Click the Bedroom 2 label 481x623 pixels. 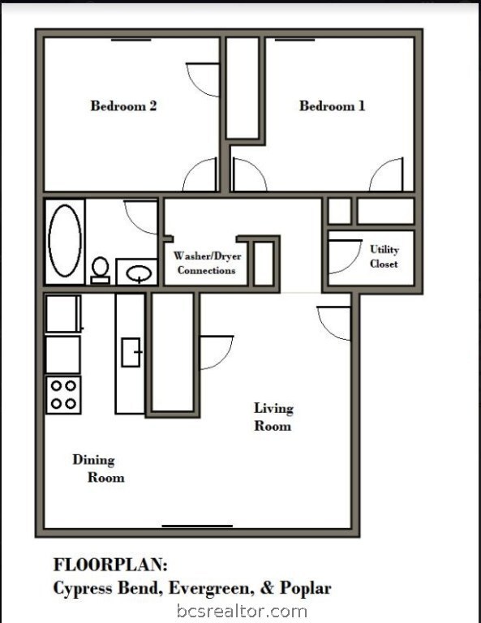pos(123,105)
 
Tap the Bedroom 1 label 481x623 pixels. pos(332,105)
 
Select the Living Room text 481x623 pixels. pos(273,417)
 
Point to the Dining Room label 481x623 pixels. pos(98,468)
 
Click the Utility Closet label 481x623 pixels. pos(384,256)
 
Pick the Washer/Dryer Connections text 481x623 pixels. pos(207,263)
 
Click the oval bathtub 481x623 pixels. pos(65,241)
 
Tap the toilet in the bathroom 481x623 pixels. pos(100,270)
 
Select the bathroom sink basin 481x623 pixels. pos(139,273)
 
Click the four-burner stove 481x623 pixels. pos(63,395)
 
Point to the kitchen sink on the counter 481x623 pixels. pos(131,352)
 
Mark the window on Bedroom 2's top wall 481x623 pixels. pos(131,40)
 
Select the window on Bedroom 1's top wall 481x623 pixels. pos(294,40)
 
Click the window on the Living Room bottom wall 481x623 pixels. pos(197,526)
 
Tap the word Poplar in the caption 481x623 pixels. pos(306,588)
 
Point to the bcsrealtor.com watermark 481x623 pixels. pos(242,611)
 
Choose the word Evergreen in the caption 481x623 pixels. pos(212,589)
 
